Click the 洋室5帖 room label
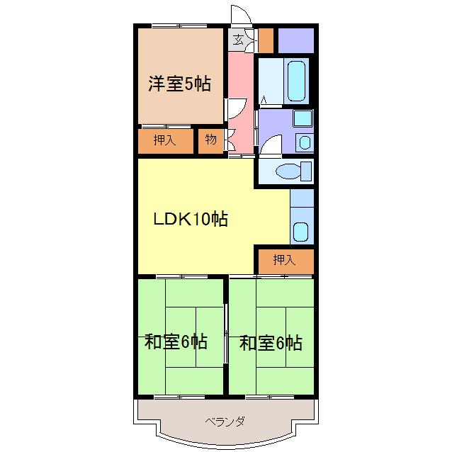[x=179, y=84]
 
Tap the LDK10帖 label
[x=191, y=219]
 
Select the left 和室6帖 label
[x=176, y=342]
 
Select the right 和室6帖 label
[x=271, y=344]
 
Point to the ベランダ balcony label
[x=225, y=422]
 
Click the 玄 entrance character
[x=239, y=40]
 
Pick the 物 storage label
[x=210, y=140]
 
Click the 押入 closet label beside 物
[x=164, y=140]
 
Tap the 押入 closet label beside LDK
[x=283, y=260]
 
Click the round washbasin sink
[x=305, y=142]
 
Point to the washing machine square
[x=303, y=119]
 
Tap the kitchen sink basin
[x=300, y=231]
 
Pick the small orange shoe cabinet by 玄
[x=266, y=40]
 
